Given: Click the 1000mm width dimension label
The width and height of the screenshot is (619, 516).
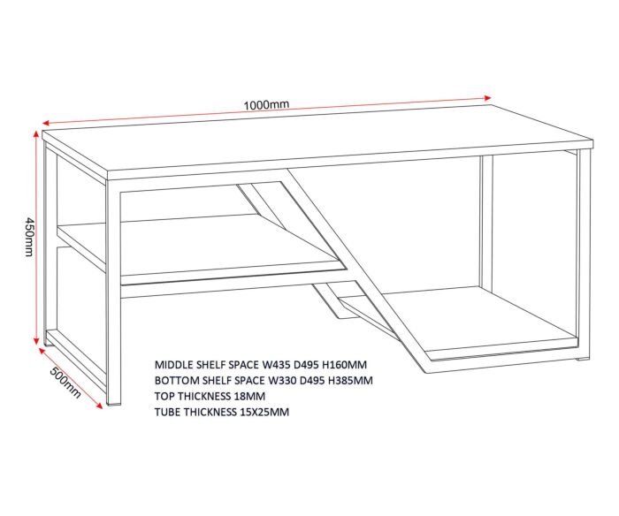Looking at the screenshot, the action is [266, 104].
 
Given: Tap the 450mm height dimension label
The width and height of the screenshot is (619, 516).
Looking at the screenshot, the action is [29, 236].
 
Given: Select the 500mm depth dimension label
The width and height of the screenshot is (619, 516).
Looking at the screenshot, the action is [65, 383].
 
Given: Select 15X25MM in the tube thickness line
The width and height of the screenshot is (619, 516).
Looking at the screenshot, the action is [264, 413].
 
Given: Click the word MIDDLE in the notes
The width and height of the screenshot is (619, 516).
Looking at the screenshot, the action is [171, 365].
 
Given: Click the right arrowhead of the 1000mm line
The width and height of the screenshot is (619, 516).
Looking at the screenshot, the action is [487, 98].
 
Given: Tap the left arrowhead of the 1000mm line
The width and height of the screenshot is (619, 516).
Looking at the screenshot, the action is [46, 123].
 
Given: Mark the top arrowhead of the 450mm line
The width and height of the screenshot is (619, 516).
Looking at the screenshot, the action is [36, 135].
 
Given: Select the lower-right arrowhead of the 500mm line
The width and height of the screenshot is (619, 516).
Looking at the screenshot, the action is [99, 406].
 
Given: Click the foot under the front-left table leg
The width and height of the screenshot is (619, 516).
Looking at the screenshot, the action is [114, 404].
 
